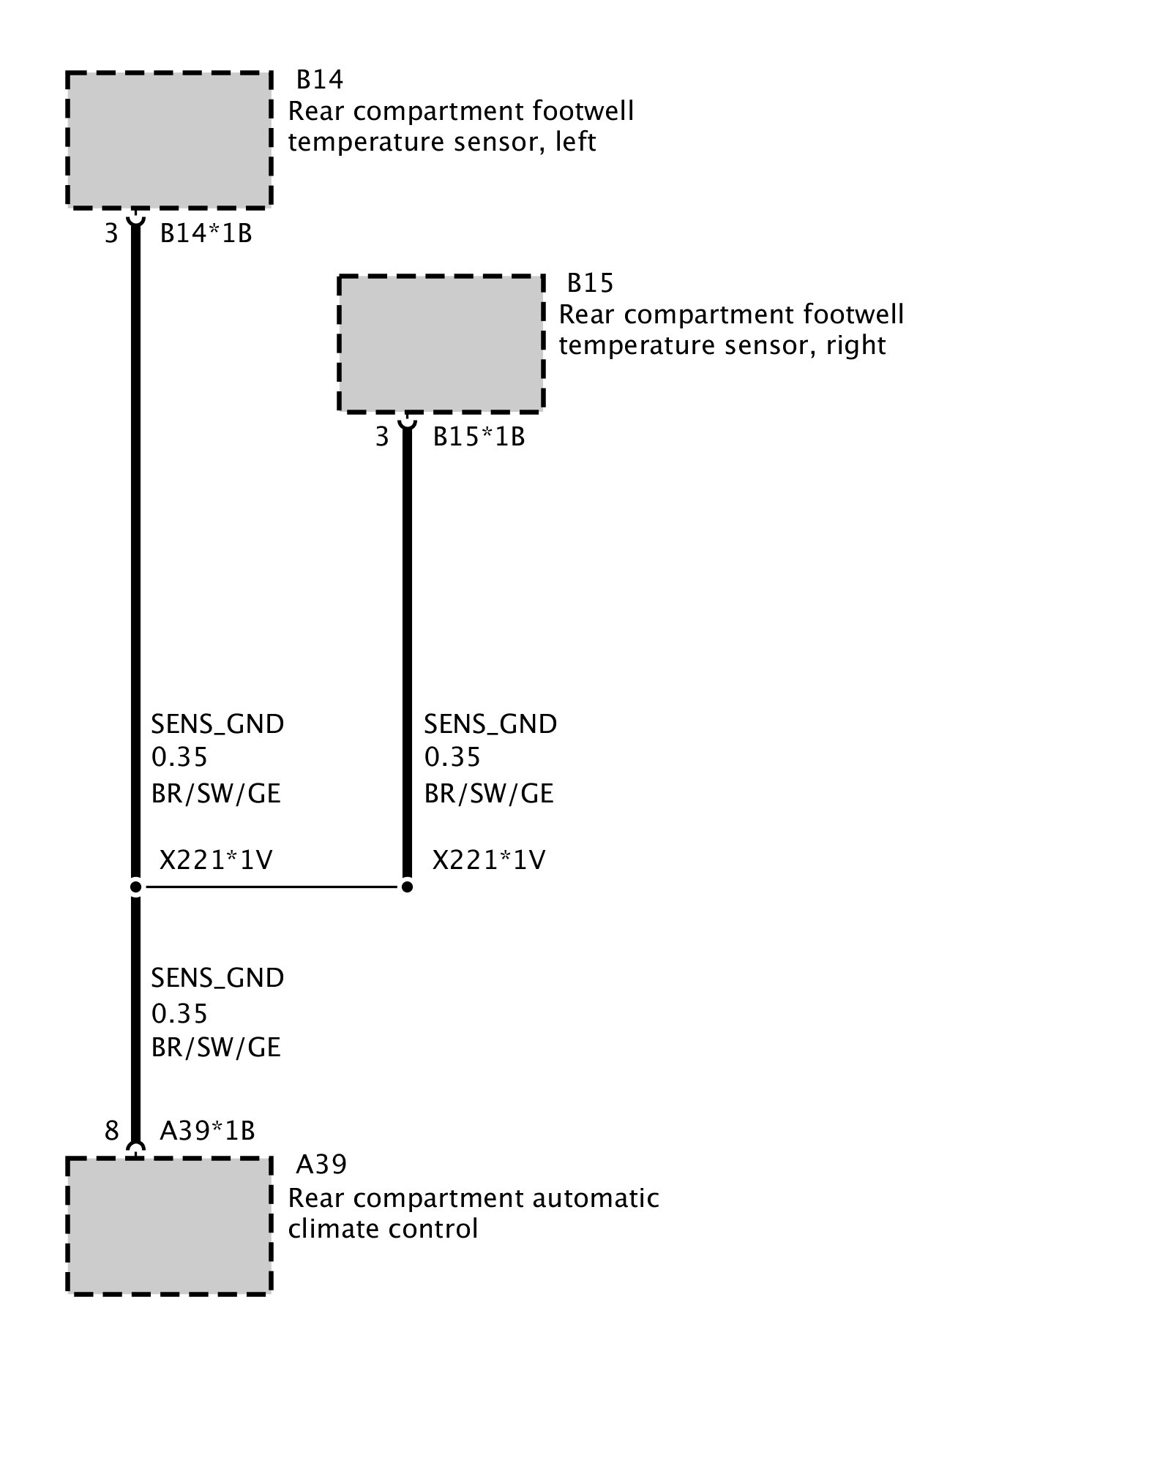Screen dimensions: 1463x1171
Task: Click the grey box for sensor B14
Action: click(169, 140)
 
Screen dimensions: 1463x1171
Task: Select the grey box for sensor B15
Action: click(441, 343)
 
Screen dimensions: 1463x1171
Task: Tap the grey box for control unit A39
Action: click(169, 1226)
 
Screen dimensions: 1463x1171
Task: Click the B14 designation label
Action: click(320, 79)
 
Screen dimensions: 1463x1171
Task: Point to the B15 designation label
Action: click(591, 282)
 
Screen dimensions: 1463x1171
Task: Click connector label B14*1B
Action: click(206, 233)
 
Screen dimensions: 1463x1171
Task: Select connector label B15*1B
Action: click(479, 437)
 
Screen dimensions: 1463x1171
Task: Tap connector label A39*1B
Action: click(207, 1131)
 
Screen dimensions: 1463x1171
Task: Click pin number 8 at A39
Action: click(111, 1131)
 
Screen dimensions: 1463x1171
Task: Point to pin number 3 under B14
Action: click(111, 233)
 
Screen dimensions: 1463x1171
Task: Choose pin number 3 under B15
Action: click(382, 437)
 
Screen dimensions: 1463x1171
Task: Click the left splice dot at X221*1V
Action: click(135, 887)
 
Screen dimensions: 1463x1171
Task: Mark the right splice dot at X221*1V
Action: click(407, 887)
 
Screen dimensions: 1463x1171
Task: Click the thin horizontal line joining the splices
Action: click(271, 887)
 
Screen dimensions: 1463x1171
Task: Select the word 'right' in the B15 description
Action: click(856, 345)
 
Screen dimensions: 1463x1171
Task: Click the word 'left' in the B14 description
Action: click(575, 141)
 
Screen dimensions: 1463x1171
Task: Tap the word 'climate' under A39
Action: click(333, 1228)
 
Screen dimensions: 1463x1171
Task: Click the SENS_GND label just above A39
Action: click(217, 978)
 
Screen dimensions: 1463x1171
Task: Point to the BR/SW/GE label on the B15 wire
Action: click(489, 794)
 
